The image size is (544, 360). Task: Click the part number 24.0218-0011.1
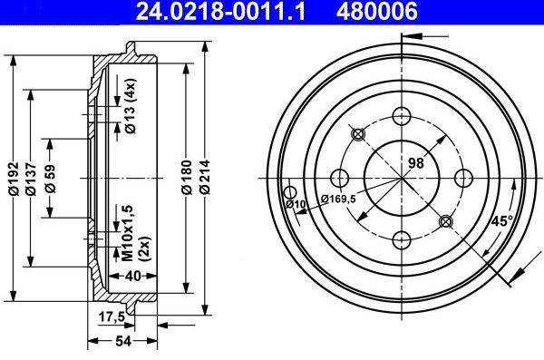(x=211, y=11)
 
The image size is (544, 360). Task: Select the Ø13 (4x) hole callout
(x=131, y=115)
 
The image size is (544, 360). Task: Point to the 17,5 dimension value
(x=111, y=316)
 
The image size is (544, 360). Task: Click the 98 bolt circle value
(x=416, y=162)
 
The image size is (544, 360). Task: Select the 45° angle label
(x=501, y=219)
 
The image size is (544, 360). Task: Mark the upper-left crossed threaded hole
(x=357, y=134)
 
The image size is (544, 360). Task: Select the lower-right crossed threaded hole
(x=445, y=221)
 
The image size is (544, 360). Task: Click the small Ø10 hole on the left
(x=291, y=192)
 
